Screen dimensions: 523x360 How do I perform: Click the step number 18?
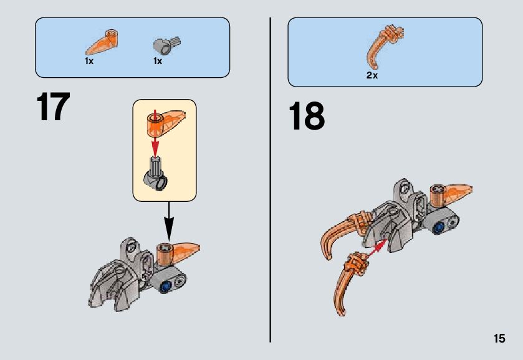[x=306, y=117]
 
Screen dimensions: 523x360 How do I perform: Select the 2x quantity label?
[x=372, y=75]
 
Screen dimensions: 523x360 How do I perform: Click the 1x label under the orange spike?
[x=89, y=62]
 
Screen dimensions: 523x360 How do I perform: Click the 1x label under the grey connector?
[x=158, y=62]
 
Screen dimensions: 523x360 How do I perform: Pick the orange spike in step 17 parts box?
[x=100, y=42]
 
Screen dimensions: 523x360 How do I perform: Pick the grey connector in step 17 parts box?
[x=165, y=44]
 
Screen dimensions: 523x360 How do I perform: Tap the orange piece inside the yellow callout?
[x=165, y=121]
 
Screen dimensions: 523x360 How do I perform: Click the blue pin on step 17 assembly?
[x=167, y=286]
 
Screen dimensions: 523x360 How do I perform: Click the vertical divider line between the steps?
[x=271, y=180]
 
